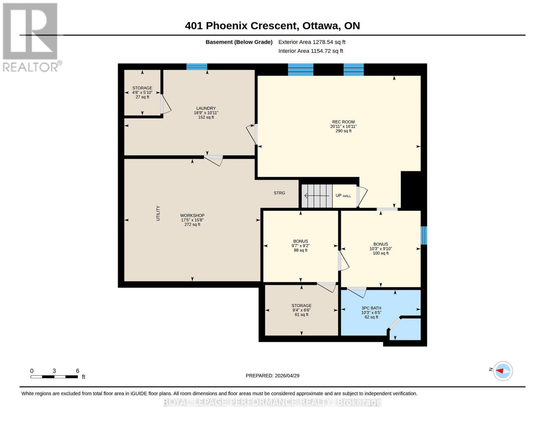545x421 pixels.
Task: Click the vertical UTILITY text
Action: (x=158, y=213)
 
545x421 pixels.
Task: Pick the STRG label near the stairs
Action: (x=279, y=193)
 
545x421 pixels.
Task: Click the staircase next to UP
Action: (x=317, y=196)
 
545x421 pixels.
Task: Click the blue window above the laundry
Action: (x=197, y=67)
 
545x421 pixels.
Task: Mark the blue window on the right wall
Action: (x=424, y=235)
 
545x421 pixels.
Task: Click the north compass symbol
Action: (x=503, y=371)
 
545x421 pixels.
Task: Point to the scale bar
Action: (x=54, y=376)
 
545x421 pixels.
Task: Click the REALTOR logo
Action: (x=31, y=37)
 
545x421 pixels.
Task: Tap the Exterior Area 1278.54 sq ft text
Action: (x=312, y=42)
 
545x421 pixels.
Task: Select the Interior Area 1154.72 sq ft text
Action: (x=311, y=51)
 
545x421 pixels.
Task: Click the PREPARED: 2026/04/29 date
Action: (x=272, y=375)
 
